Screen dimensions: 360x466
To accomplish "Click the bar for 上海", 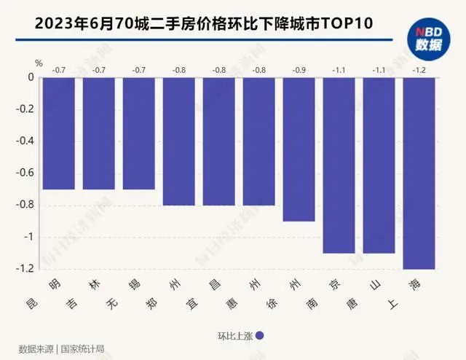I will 419,173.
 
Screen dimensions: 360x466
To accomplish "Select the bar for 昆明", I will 58,133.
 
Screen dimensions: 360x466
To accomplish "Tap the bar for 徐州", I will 299,149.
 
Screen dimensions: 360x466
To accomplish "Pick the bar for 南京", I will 339,165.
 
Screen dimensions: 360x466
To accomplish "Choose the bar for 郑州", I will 178,141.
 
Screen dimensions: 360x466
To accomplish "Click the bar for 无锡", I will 138,133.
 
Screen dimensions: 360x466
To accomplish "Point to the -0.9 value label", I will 299,70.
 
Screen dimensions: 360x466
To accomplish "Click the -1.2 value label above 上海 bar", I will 419,70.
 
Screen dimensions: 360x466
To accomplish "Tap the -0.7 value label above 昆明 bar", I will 58,70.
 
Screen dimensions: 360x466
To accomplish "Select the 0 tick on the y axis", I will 31,78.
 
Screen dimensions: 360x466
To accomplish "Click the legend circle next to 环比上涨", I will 259,335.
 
